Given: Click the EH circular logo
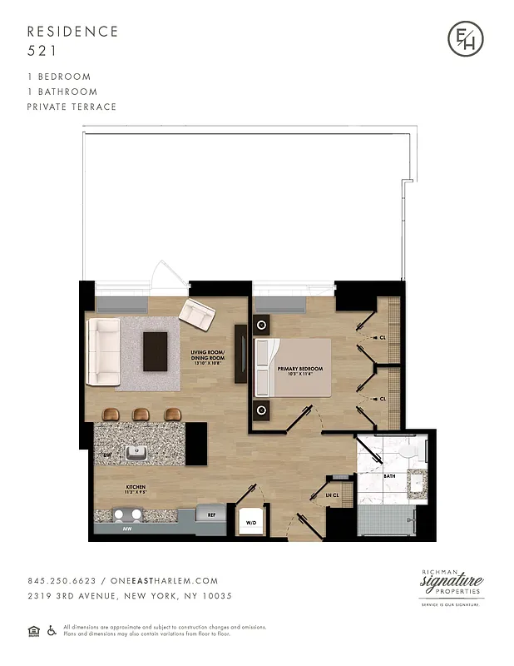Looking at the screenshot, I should tap(464, 39).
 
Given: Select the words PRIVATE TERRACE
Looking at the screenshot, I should tap(72, 107).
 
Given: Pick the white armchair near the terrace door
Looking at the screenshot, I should tap(197, 315).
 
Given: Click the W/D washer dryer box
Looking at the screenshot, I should tap(250, 522).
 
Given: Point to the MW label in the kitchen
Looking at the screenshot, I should tap(127, 528).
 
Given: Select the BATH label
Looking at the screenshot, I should tap(388, 476).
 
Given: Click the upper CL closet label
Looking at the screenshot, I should tap(382, 338).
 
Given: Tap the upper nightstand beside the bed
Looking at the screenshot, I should tap(263, 325).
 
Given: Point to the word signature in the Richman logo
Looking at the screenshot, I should tap(452, 583).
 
